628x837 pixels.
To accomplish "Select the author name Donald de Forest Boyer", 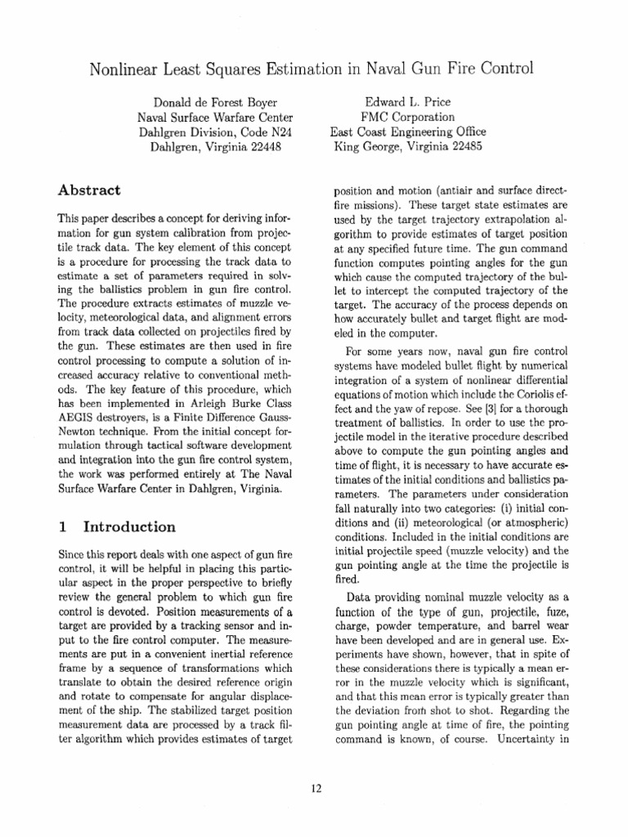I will (x=213, y=102).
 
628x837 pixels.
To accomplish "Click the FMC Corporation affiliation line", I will (x=407, y=117).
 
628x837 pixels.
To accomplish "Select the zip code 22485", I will (x=462, y=146).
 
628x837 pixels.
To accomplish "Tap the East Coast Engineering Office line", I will (x=407, y=132).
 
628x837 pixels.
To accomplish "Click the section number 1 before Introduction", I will (x=62, y=526).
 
